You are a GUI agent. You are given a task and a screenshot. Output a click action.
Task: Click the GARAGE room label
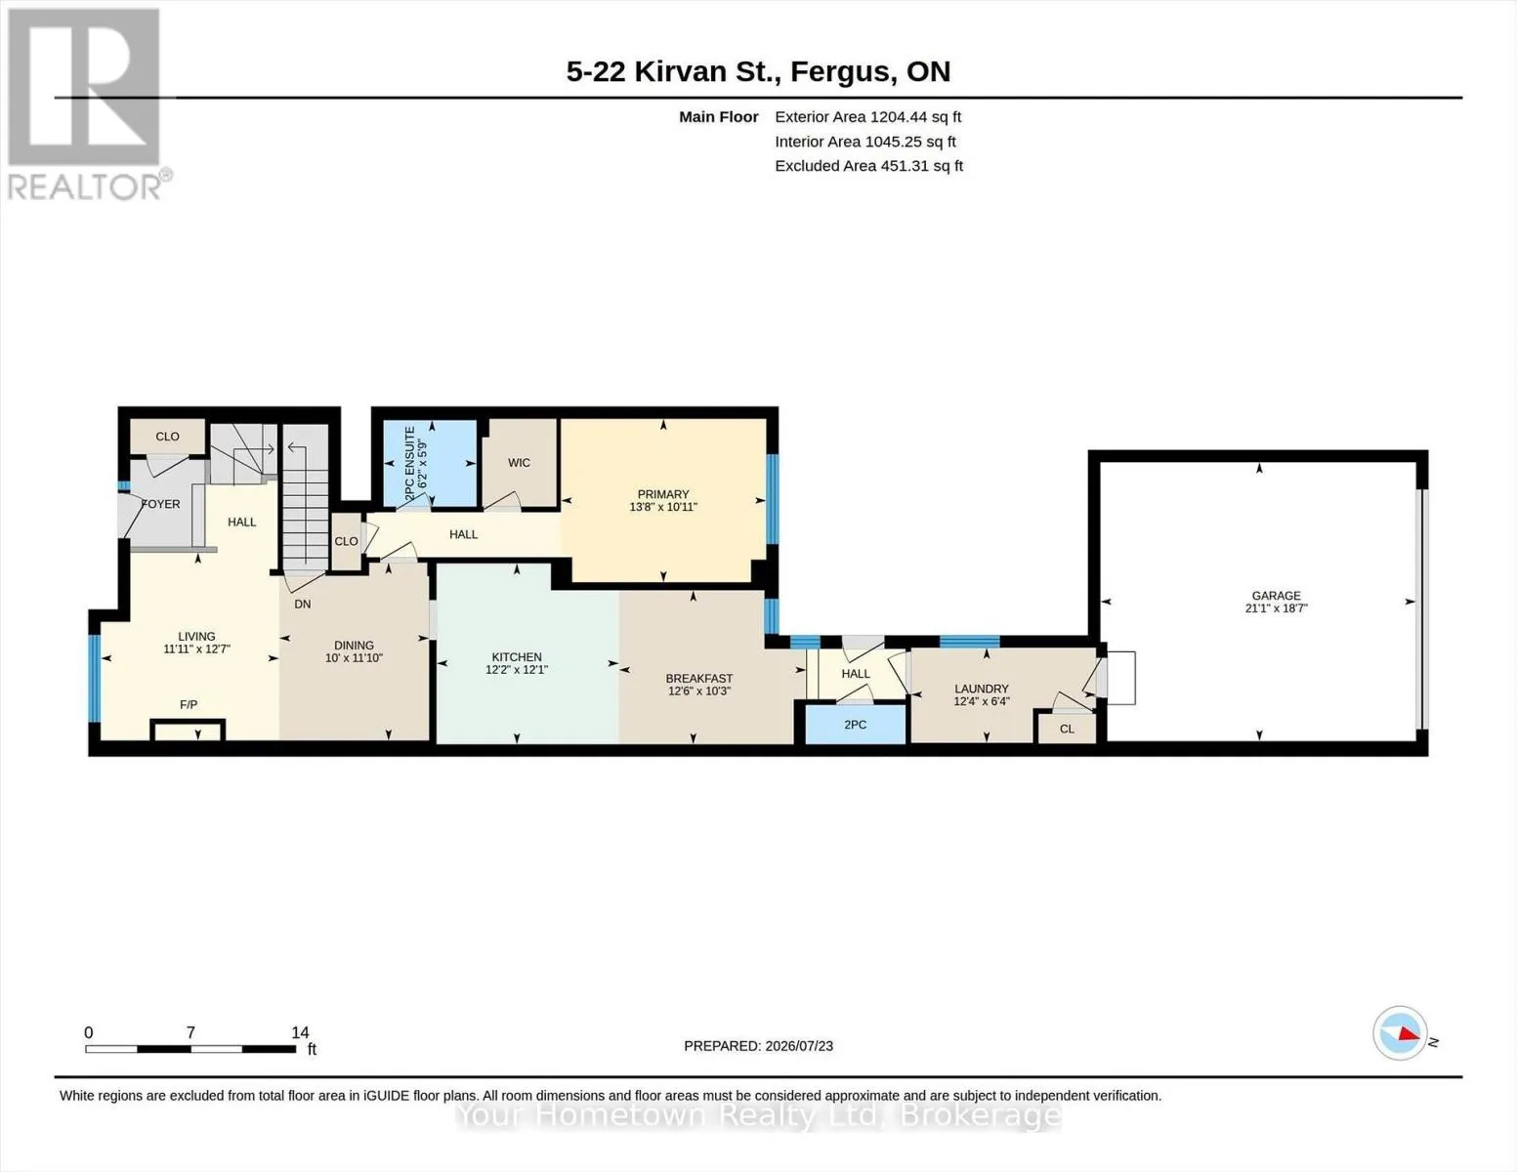coord(1276,596)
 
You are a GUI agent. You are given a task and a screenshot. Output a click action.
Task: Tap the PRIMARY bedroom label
coord(662,494)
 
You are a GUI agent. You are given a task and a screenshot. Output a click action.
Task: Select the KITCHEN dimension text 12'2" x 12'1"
coord(517,669)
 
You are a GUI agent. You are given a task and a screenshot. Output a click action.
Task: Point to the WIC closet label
coord(519,463)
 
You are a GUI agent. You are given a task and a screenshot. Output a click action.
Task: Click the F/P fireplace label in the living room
coord(189,704)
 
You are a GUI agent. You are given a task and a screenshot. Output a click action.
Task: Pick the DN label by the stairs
coord(302,604)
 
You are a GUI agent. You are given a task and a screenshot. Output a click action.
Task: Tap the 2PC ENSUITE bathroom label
coord(410,462)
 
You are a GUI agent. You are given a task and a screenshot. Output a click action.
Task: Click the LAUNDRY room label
coord(982,689)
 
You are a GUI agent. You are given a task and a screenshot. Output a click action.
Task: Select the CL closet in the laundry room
coord(1067,729)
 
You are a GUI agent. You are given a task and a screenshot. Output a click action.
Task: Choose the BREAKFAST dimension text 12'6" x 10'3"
coord(698,691)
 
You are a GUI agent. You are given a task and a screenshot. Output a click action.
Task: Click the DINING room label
coord(354,645)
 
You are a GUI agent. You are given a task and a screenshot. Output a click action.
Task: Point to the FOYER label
coord(160,504)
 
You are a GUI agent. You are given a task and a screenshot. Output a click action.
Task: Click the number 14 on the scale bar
coord(300,1032)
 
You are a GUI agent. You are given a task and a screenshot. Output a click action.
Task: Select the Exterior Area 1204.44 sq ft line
coord(867,117)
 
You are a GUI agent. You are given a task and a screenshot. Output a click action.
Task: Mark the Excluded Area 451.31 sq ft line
coord(869,166)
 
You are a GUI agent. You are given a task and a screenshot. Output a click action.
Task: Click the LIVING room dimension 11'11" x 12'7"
coord(197,649)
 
